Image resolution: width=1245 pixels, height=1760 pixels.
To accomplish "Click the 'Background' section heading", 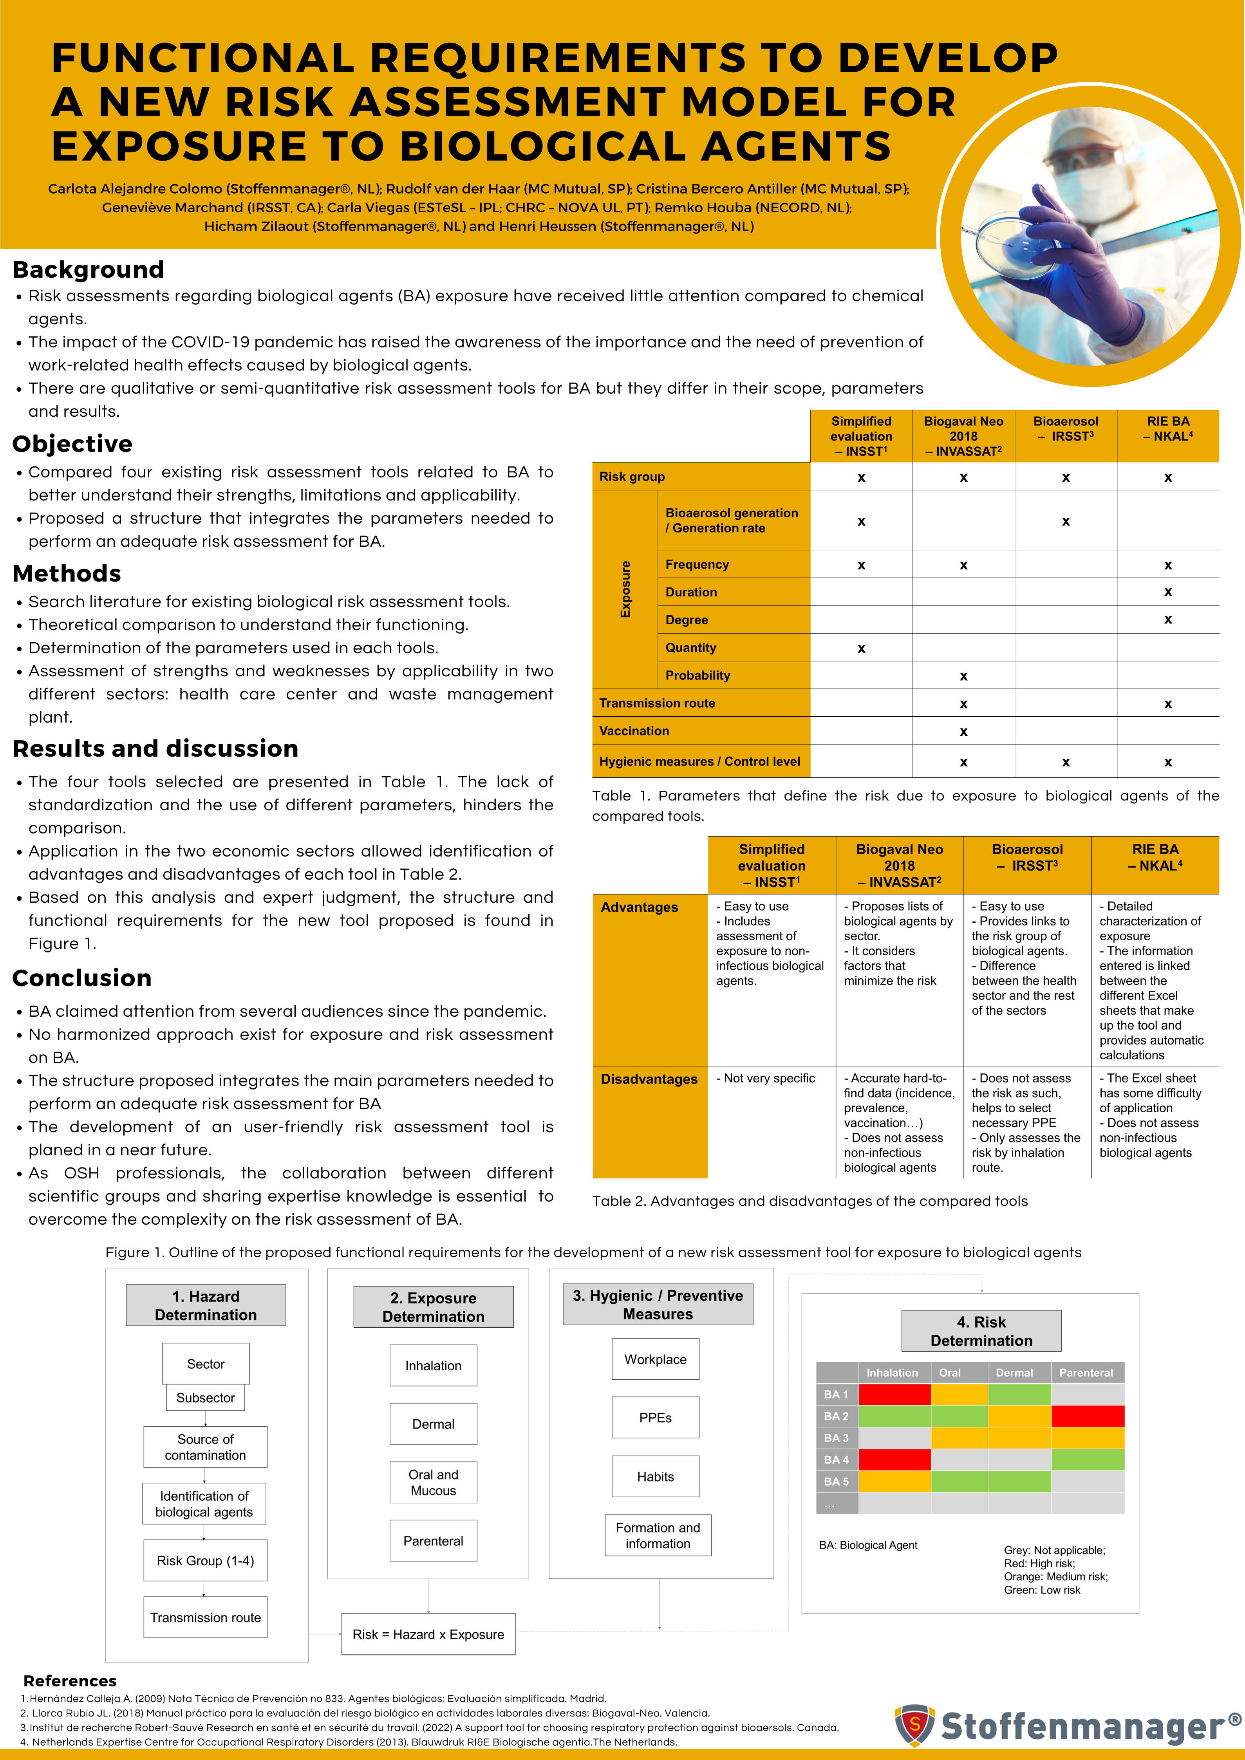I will coord(88,270).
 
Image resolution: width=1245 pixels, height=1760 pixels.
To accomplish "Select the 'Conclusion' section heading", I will coord(82,978).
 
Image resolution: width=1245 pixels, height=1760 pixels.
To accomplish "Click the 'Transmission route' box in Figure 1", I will coord(206,1617).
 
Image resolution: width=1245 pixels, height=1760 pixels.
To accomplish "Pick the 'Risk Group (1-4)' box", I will coord(206,1561).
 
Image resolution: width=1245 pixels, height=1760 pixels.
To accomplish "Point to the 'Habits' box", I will coord(656,1476).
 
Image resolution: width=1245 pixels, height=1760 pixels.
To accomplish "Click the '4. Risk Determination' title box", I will coord(981,1331).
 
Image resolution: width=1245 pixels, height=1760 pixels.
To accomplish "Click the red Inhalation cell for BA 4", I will coord(894,1460).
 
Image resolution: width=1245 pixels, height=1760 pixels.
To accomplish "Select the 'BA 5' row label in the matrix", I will coord(837,1482).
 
